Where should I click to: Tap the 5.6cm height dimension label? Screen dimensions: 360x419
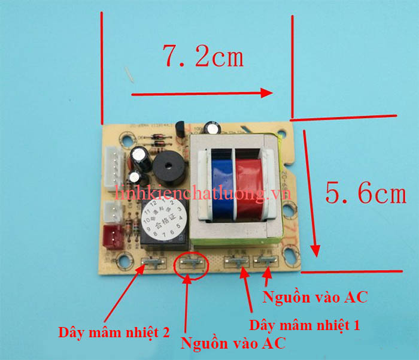[x=366, y=193]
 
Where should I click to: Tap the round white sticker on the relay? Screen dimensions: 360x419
[x=165, y=217]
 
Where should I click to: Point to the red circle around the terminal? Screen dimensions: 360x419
[x=191, y=263]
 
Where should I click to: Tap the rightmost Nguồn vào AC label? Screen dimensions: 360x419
[x=315, y=296]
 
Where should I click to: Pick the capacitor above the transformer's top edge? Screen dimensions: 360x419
[x=212, y=129]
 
